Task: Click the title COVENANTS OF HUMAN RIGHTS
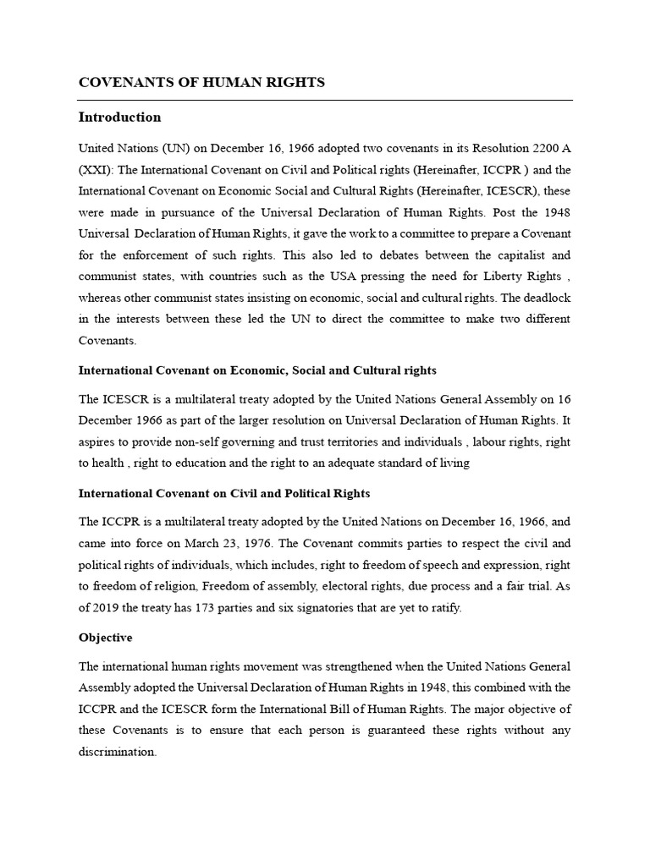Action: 201,82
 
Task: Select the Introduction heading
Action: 119,117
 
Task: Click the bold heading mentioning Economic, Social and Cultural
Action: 257,370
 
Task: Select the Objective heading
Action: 106,638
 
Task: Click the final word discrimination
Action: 117,752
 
